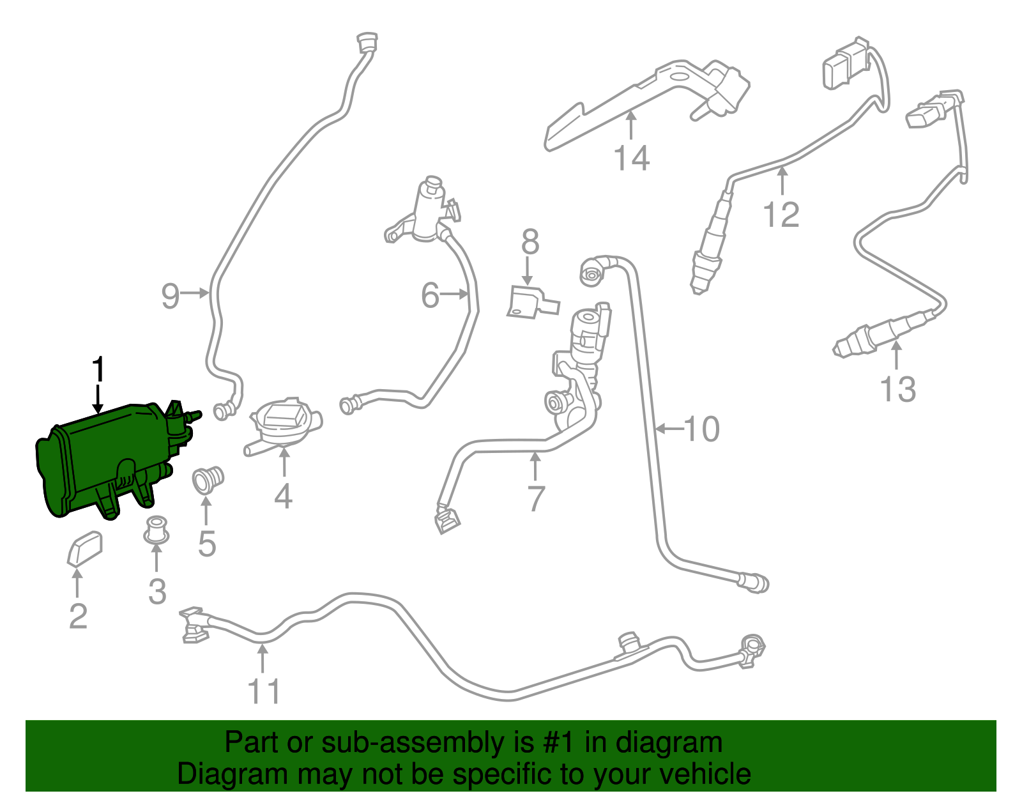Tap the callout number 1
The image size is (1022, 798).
98,371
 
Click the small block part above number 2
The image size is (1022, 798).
84,548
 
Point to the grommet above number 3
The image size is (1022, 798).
155,531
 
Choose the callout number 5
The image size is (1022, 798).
207,544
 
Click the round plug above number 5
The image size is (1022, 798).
208,480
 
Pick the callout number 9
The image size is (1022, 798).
170,296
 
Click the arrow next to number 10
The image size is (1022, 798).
668,429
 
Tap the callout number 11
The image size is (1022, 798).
264,691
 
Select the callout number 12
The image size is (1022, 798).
781,215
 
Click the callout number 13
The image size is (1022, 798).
897,389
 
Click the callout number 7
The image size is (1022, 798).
536,498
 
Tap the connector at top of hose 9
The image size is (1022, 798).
366,43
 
